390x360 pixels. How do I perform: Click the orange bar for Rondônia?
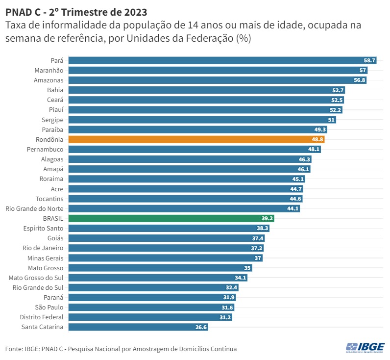[x=196, y=139]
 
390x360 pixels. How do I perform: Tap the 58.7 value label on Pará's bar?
[x=369, y=60]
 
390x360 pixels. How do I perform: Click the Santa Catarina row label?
[x=43, y=327]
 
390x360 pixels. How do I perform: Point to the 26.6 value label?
[x=201, y=327]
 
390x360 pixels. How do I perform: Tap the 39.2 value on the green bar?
[x=267, y=218]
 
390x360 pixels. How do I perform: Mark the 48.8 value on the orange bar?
[x=317, y=139]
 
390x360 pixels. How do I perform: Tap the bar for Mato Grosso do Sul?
[x=157, y=278]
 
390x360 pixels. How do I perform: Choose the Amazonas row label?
[x=49, y=80]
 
